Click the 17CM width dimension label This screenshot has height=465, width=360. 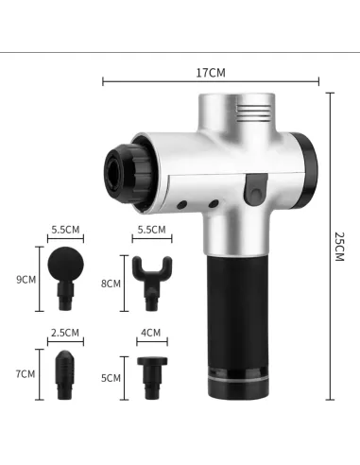[211, 73]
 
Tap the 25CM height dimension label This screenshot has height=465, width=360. [339, 247]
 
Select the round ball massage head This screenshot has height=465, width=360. [65, 278]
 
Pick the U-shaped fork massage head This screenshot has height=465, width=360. [152, 283]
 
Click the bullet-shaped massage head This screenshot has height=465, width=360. [65, 375]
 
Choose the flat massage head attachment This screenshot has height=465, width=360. [152, 378]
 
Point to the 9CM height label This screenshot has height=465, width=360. [26, 280]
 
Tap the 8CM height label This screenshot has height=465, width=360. [111, 284]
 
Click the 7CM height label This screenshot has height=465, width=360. [26, 374]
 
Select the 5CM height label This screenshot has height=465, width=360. [111, 378]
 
